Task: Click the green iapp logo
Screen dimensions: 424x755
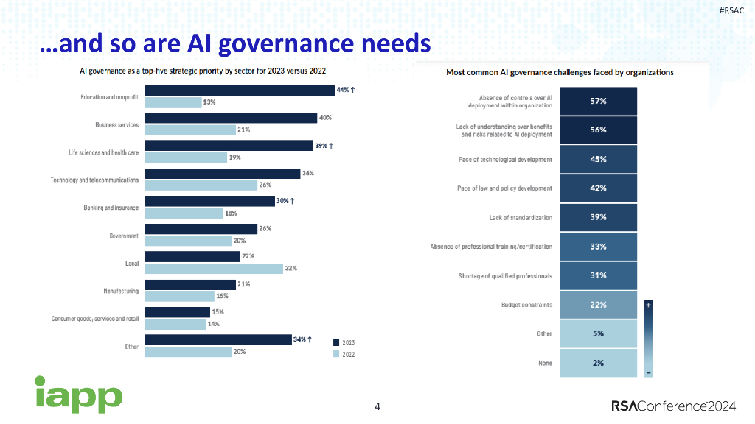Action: point(78,395)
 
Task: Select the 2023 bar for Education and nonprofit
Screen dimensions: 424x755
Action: point(240,91)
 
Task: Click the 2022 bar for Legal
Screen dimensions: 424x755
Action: point(214,269)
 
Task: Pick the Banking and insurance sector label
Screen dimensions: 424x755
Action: point(111,208)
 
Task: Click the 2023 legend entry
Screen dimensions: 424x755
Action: point(344,342)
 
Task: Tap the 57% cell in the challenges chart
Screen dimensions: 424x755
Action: point(597,101)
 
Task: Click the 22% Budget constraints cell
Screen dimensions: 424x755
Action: point(597,305)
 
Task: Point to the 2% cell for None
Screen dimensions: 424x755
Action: point(597,363)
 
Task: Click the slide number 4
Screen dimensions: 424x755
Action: point(377,406)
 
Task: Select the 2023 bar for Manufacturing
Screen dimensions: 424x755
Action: point(189,284)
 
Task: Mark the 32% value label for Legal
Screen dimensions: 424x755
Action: point(291,269)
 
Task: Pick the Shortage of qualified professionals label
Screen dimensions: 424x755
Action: point(505,276)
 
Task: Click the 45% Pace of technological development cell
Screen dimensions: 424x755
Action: point(597,159)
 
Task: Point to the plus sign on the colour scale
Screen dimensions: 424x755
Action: point(648,303)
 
